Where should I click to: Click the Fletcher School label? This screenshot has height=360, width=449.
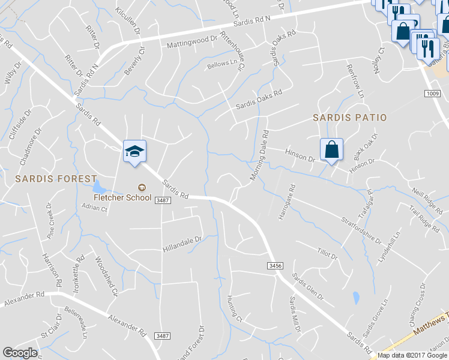coord(122,197)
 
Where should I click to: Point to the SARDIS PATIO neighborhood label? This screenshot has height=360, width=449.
coord(350,118)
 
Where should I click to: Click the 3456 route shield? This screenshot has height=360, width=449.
coord(276,265)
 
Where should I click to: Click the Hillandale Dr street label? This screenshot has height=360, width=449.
coord(183,243)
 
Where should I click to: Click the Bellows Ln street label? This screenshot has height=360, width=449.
coord(222,63)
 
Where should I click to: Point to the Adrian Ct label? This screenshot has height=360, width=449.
coord(94,209)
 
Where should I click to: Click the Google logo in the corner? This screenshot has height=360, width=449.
coord(20,353)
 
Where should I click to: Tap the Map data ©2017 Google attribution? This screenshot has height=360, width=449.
coord(412,355)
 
